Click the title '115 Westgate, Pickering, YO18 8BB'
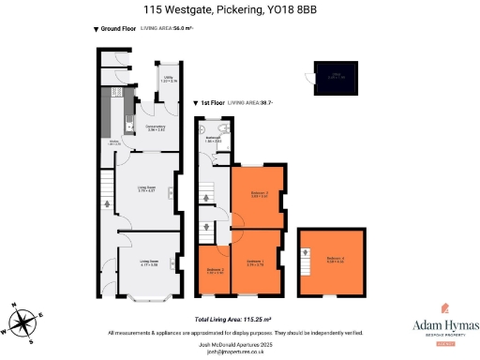click(239, 10)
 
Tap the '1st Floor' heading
click(210, 101)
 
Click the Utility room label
click(170, 80)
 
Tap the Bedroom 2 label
click(215, 271)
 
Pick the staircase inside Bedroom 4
click(306, 254)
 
